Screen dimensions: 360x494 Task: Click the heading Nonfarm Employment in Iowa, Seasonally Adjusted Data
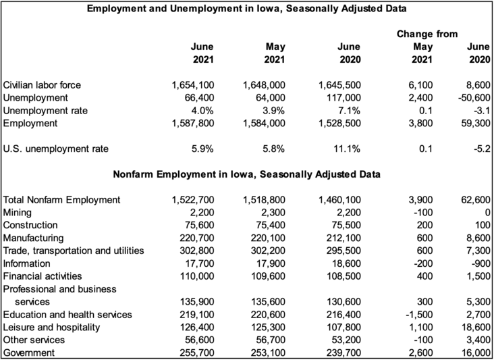(246, 174)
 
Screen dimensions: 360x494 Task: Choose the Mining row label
(18, 213)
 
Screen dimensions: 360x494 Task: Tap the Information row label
(27, 263)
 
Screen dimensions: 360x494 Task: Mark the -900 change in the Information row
(478, 263)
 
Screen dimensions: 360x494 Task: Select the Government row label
(30, 353)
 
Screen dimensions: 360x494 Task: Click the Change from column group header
(427, 33)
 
